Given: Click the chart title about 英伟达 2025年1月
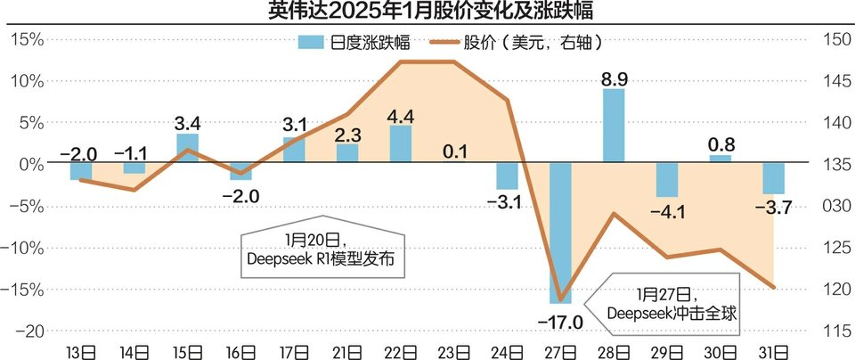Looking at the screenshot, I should point(427,12).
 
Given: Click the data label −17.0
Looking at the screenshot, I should point(560,321).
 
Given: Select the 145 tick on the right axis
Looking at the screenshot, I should point(827,81).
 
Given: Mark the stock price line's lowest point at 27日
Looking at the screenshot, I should point(560,300).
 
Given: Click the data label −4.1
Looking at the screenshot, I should point(667,214).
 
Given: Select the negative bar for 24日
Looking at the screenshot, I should point(507,176).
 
